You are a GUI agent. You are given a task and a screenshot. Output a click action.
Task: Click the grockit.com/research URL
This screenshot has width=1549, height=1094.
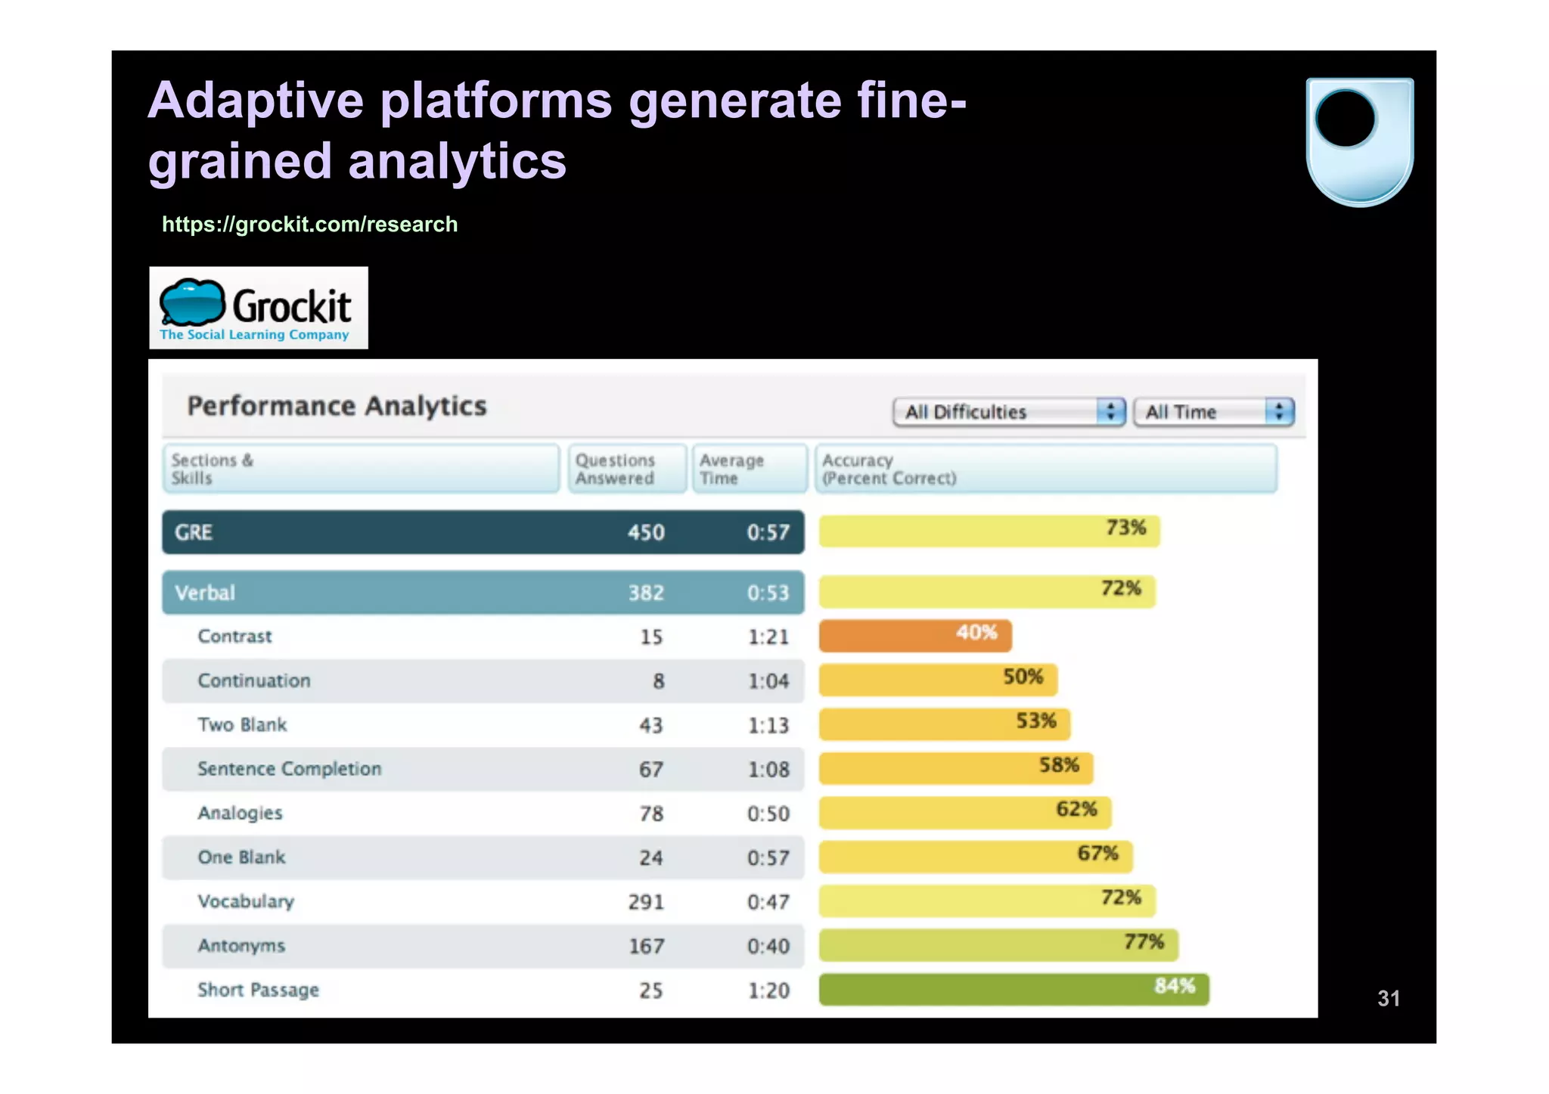[x=309, y=225]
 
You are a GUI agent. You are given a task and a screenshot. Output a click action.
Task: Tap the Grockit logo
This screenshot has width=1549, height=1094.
[x=258, y=308]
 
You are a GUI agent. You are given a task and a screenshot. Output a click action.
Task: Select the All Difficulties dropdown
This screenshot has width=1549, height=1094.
[x=1008, y=412]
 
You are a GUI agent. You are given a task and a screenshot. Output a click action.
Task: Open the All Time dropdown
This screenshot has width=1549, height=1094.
[x=1213, y=412]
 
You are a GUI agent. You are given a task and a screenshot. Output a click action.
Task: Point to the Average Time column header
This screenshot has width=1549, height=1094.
[x=747, y=469]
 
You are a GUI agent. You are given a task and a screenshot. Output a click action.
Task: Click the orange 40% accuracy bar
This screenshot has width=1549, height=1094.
[x=914, y=636]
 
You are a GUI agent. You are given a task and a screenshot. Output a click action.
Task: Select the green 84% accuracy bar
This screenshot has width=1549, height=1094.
[x=1013, y=990]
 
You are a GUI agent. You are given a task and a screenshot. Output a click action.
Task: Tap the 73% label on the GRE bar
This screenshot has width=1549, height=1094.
[x=1125, y=528]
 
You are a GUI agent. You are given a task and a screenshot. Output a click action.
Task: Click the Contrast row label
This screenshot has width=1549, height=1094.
[x=234, y=637]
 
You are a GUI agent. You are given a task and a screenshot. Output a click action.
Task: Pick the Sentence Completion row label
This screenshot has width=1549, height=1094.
[x=289, y=769]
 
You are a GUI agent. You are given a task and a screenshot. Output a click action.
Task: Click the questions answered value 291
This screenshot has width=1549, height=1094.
[x=646, y=902]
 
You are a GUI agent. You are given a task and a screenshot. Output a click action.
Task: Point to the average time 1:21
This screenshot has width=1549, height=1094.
[x=768, y=637]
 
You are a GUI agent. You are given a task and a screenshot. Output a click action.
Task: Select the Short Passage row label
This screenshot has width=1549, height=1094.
[x=258, y=990]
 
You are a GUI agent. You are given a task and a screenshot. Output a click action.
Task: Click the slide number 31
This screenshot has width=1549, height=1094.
[x=1388, y=999]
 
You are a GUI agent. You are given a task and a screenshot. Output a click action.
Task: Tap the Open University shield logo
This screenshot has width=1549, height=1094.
[x=1359, y=141]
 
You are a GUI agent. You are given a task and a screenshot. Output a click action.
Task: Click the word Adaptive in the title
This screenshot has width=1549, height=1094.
[x=256, y=101]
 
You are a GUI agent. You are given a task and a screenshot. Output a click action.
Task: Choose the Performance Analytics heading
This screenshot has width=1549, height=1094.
[x=337, y=407]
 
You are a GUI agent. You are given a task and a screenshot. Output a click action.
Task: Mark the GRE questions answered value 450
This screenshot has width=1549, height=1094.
[x=646, y=533]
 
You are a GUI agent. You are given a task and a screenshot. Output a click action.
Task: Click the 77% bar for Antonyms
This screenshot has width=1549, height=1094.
[x=998, y=945]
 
